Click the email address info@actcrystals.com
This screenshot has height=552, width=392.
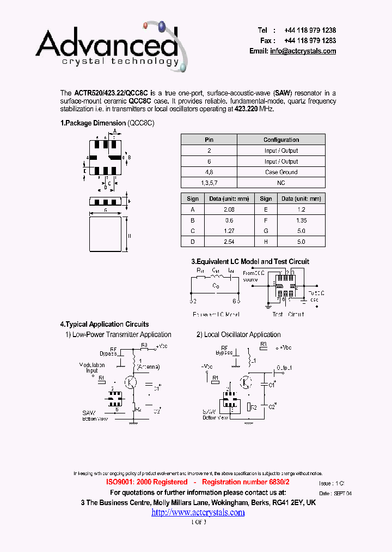pyautogui.click(x=303, y=51)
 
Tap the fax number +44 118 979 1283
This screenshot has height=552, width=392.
pyautogui.click(x=310, y=41)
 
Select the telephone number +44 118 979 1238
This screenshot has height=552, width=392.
pyautogui.click(x=310, y=31)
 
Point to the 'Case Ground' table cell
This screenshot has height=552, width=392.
pyautogui.click(x=281, y=172)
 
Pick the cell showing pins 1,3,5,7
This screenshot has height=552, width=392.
pyautogui.click(x=209, y=183)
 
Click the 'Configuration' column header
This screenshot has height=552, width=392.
pyautogui.click(x=281, y=140)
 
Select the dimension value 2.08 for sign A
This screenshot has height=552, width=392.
pyautogui.click(x=229, y=209)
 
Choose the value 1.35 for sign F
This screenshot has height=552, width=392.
pyautogui.click(x=301, y=220)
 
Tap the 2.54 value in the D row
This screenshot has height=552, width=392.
pyautogui.click(x=229, y=242)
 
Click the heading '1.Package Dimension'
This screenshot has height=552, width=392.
pyautogui.click(x=93, y=123)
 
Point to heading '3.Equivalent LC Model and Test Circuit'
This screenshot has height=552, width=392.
pyautogui.click(x=250, y=261)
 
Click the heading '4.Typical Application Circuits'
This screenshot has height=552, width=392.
pyautogui.click(x=105, y=325)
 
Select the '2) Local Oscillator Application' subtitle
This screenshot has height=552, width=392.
pyautogui.click(x=238, y=335)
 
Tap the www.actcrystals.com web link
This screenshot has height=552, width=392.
pyautogui.click(x=198, y=512)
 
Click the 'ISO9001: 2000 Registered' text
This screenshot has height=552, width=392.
pyautogui.click(x=146, y=482)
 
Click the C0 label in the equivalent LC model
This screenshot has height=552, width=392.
pyautogui.click(x=216, y=286)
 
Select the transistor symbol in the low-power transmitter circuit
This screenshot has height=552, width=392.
pyautogui.click(x=131, y=382)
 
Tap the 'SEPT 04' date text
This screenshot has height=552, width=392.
pyautogui.click(x=343, y=493)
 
